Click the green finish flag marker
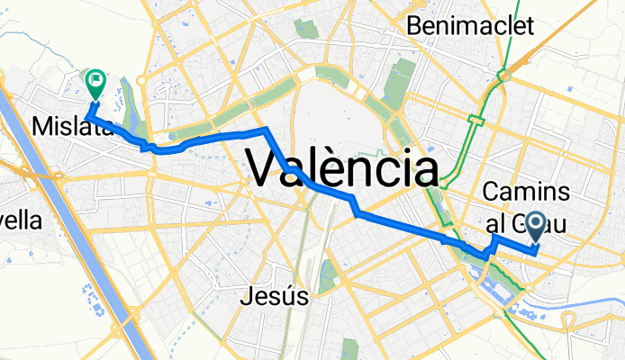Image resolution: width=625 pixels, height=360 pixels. [95, 83]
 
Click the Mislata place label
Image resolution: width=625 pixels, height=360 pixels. [70, 128]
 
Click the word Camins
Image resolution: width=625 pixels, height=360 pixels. [527, 192]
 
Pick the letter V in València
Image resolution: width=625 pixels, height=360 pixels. [267, 168]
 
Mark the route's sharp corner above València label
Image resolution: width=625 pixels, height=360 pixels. [267, 131]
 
